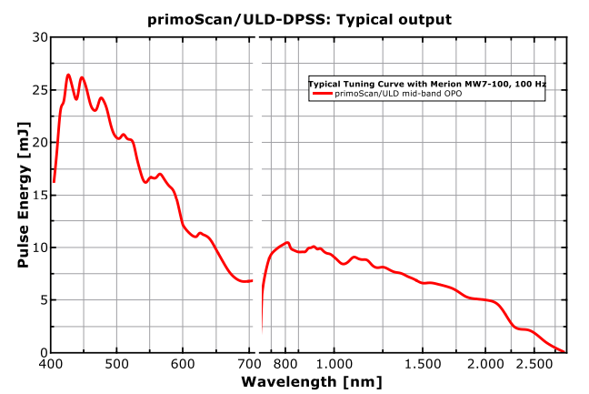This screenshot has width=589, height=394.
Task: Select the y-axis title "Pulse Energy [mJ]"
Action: pos(25,195)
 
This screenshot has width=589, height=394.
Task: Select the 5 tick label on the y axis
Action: pos(42,300)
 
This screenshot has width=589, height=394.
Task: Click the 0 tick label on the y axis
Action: pos(42,353)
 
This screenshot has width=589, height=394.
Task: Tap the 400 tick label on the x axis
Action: pos(51,365)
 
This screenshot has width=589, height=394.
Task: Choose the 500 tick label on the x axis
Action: pos(117,365)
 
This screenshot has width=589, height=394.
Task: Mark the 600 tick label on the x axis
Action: pos(183,365)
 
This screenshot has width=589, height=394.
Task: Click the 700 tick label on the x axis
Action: pos(249,365)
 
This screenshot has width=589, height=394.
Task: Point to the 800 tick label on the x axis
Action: pos(285,365)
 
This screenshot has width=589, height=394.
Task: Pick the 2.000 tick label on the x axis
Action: pos(485,365)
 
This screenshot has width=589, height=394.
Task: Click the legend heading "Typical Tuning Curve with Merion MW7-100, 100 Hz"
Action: pos(426,84)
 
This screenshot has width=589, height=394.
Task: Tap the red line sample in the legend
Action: pos(323,94)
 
